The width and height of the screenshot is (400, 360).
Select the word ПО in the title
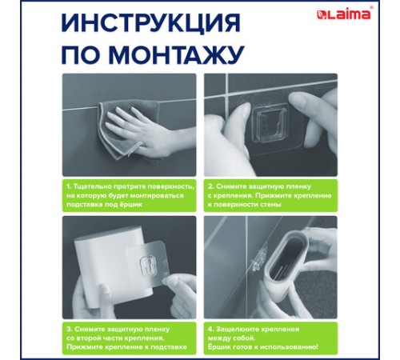click(x=84, y=55)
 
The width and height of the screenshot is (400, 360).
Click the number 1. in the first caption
click(x=69, y=185)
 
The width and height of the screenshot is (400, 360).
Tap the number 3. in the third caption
click(x=70, y=327)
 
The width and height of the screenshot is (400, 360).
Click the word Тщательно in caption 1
click(x=93, y=185)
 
